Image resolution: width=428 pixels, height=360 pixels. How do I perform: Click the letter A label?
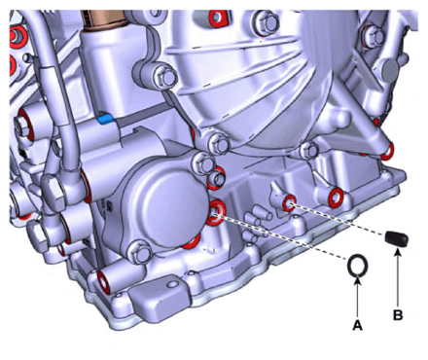(x=357, y=325)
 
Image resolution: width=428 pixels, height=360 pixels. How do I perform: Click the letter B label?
(x=398, y=315)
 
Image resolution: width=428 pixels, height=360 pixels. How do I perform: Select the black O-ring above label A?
(x=358, y=266)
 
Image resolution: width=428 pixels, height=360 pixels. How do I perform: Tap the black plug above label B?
(x=397, y=238)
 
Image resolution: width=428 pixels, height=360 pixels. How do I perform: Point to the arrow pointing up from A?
(x=357, y=296)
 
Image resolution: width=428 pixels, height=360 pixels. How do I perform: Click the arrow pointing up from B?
(x=398, y=277)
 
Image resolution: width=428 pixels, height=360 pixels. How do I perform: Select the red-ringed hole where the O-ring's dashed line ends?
(x=215, y=212)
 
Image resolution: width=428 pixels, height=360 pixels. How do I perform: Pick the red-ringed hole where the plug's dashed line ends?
(x=289, y=203)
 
